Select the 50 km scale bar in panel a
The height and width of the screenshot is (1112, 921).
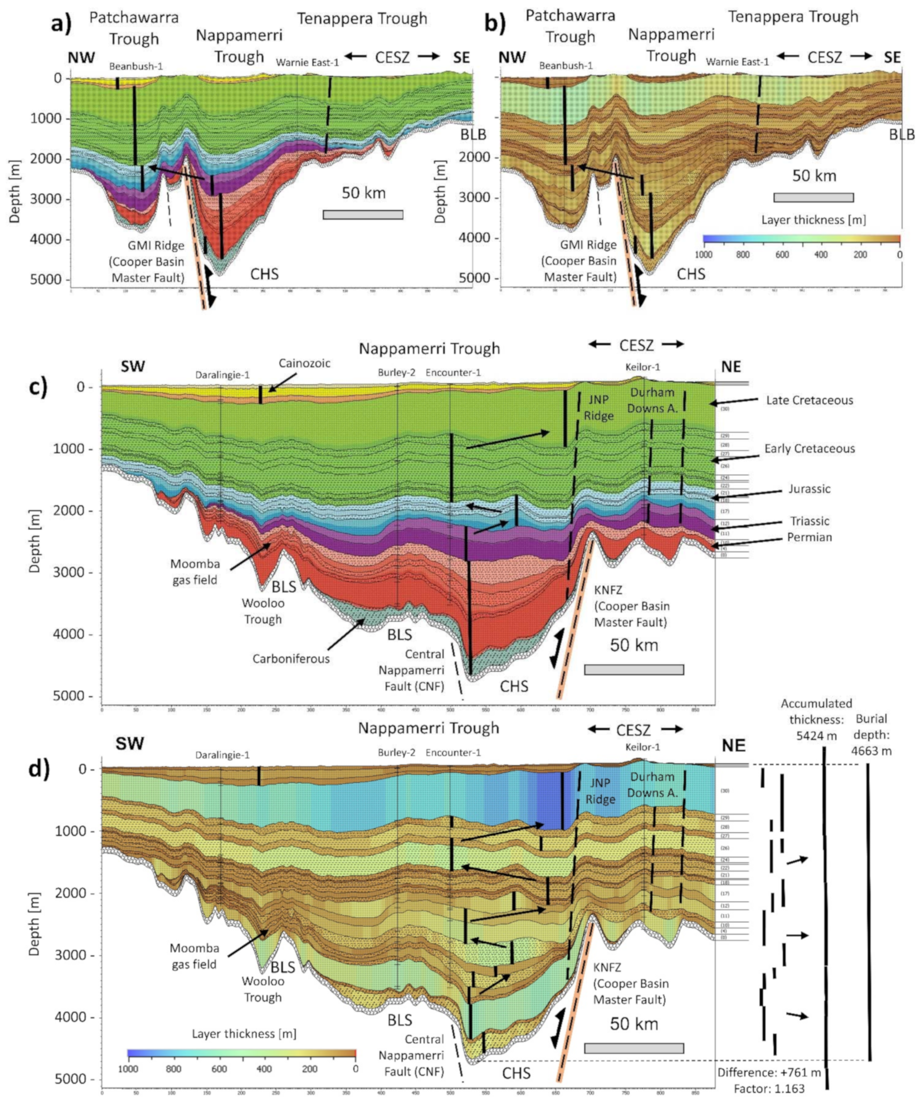pos(363,214)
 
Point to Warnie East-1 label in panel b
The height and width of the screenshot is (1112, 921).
pos(737,62)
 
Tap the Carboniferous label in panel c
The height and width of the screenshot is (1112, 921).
pos(291,659)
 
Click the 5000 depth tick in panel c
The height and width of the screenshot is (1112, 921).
pos(78,696)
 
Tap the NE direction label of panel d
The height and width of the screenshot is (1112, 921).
pos(734,746)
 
